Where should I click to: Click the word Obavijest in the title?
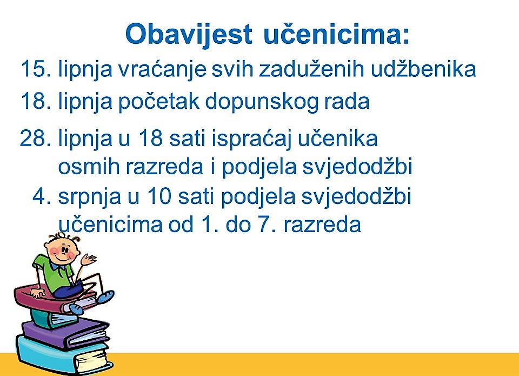point(189,35)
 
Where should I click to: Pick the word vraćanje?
point(162,70)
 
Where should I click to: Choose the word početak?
point(159,101)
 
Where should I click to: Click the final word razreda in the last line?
point(322,225)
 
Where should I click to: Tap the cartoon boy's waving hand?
point(88,259)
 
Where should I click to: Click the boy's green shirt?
point(55,272)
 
